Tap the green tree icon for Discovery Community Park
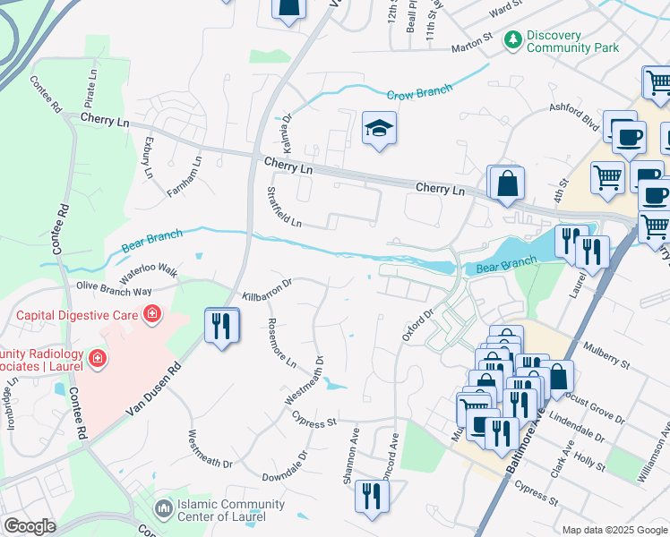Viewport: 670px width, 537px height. (513, 39)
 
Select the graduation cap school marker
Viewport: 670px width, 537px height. (379, 130)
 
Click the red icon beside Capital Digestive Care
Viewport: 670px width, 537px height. (152, 314)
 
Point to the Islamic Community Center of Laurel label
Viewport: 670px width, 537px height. (231, 509)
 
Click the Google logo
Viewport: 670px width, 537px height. (29, 526)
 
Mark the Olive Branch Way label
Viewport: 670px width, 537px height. (114, 289)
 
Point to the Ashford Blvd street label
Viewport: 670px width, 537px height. (574, 119)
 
